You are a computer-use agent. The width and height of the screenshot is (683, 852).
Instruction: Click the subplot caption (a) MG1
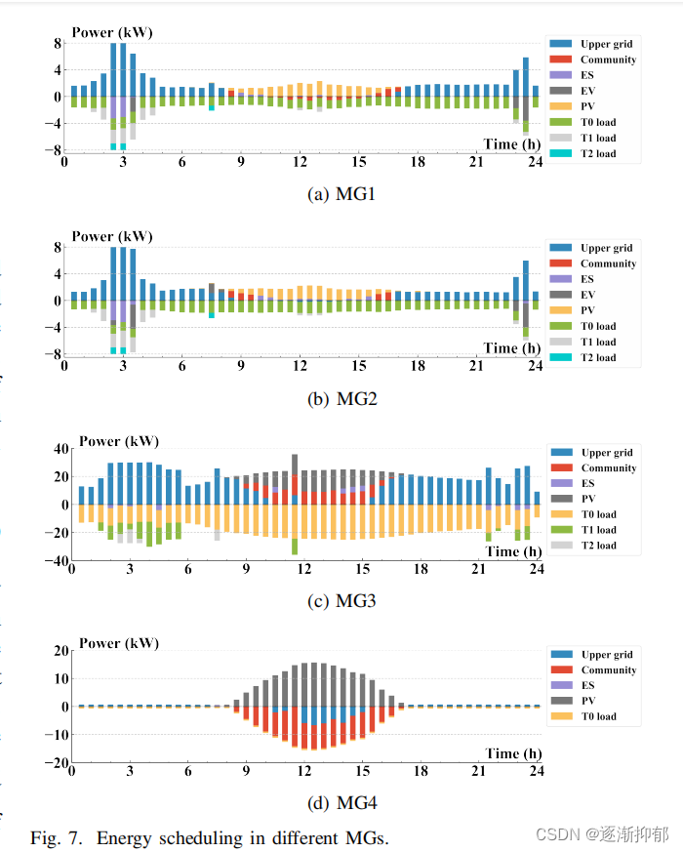point(341,194)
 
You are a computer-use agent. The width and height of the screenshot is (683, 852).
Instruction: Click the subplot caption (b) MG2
point(341,398)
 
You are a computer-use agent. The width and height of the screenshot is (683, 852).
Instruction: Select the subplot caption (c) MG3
point(341,601)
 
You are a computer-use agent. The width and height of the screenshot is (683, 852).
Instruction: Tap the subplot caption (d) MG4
point(341,804)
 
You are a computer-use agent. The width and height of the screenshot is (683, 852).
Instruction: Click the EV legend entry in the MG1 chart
point(588,91)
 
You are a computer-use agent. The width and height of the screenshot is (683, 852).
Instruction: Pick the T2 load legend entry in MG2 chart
point(597,357)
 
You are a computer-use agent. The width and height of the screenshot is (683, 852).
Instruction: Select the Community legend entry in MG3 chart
point(607,468)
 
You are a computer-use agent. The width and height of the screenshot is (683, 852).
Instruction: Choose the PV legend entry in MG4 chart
point(588,701)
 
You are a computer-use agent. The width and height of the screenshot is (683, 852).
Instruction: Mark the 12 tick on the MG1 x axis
point(300,162)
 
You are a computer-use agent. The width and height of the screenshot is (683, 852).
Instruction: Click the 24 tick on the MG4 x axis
point(537,771)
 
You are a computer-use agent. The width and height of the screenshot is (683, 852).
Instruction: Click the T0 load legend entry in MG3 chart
point(598,514)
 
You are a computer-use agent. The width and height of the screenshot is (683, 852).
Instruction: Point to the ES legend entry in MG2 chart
point(588,279)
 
